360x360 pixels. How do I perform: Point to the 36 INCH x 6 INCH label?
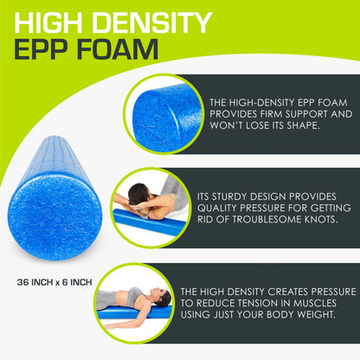click(x=67, y=281)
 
